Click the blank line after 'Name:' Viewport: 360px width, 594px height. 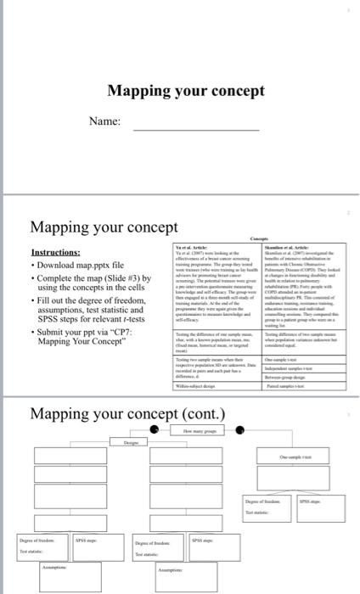tap(196, 129)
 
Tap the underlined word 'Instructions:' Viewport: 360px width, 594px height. tap(55, 253)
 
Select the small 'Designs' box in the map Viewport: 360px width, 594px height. tap(131, 443)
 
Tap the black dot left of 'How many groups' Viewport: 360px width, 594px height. tap(154, 431)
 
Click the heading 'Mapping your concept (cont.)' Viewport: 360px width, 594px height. tap(127, 413)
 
